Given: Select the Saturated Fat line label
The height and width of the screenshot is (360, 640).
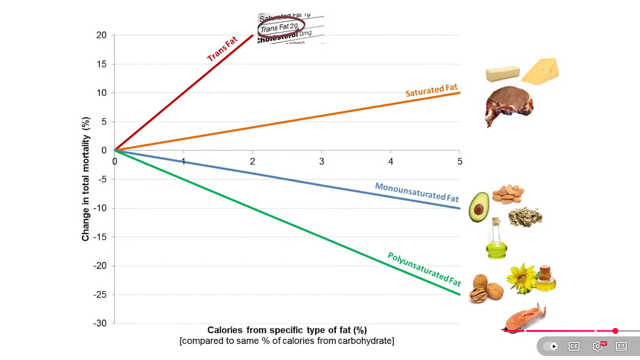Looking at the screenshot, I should click(431, 91).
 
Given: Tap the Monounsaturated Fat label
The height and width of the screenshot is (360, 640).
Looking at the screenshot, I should click(416, 192).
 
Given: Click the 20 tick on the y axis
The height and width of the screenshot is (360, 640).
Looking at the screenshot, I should click(101, 35).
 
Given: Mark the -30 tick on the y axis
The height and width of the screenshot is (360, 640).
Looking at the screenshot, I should click(100, 324).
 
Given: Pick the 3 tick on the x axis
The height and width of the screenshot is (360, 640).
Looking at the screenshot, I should click(321, 162).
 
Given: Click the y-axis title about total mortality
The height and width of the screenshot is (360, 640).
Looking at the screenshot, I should click(86, 179).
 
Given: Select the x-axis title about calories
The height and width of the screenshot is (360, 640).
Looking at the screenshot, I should click(287, 330).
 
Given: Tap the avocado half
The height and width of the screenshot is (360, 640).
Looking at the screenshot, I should click(479, 207).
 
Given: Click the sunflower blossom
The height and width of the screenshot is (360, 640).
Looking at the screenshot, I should click(522, 278).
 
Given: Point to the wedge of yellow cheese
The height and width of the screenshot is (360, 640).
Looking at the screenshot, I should click(541, 72).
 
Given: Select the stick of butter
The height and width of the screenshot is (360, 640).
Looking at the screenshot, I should click(503, 74).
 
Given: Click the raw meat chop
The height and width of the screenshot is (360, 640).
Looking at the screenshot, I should click(509, 105).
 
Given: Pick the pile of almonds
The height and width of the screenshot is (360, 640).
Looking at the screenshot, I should click(508, 194).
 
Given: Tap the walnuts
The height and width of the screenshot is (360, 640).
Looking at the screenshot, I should click(486, 288).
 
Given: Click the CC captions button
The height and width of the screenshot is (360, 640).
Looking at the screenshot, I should click(574, 346).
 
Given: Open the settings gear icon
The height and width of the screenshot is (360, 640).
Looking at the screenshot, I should click(598, 346).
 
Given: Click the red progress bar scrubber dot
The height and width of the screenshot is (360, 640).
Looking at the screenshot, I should click(615, 331).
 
